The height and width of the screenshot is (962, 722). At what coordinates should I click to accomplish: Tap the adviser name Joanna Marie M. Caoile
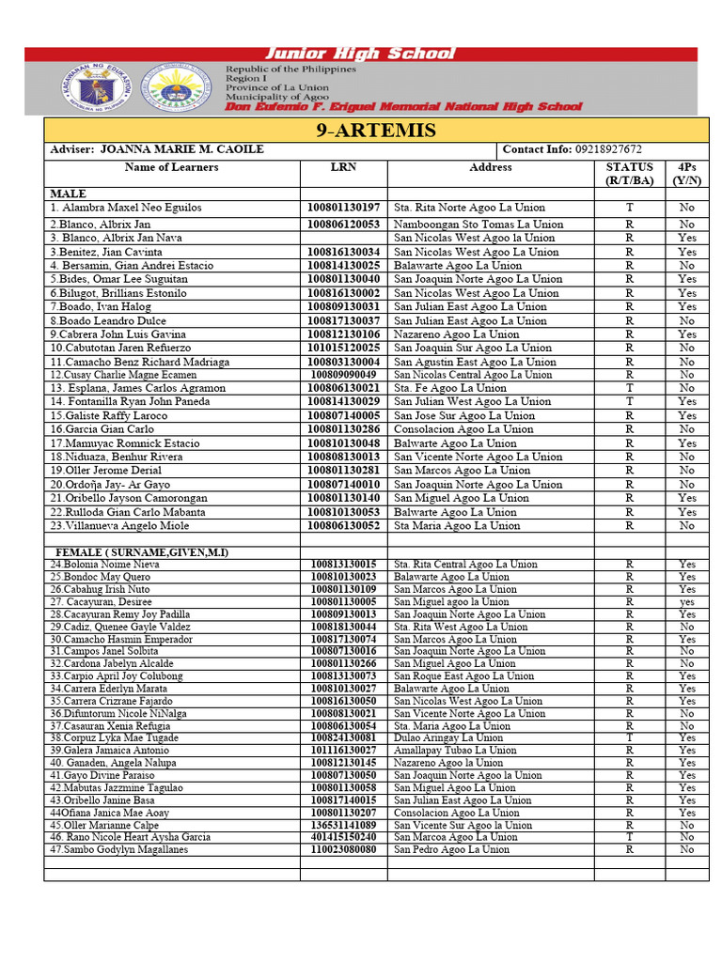click(181, 150)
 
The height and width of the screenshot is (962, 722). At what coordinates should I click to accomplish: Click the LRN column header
click(343, 167)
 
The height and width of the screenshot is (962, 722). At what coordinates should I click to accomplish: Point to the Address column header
click(490, 167)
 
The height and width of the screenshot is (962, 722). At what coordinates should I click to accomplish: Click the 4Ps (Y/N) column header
click(687, 174)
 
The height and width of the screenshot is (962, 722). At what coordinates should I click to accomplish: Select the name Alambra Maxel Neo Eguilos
click(126, 208)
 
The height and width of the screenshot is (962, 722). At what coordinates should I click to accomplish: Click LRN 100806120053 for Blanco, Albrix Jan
click(343, 225)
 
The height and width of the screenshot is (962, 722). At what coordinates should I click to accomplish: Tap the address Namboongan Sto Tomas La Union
click(479, 225)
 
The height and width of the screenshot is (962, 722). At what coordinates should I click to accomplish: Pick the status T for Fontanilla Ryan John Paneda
click(629, 401)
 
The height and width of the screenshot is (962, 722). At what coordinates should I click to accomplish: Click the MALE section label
click(69, 194)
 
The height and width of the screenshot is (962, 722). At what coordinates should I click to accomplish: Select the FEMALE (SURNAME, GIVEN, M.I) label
click(142, 552)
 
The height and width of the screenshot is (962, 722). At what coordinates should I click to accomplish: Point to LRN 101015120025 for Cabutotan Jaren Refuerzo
click(343, 348)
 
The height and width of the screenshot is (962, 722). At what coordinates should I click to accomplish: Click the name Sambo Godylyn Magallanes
click(119, 849)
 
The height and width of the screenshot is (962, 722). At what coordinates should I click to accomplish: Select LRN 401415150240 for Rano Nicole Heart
click(343, 837)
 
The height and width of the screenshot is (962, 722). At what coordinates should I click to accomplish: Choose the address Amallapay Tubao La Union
click(455, 751)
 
